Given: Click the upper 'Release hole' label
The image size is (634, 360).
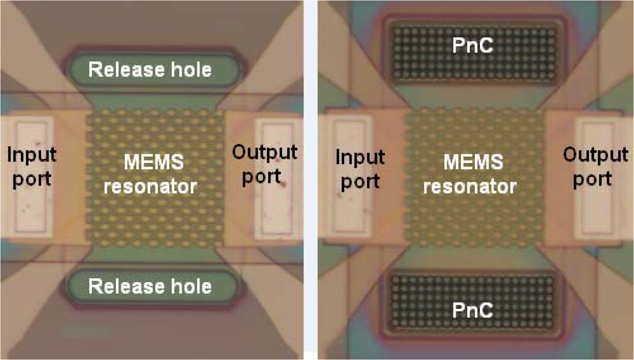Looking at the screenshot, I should point(150,70).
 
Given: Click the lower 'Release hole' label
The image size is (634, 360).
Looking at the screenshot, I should point(150,286).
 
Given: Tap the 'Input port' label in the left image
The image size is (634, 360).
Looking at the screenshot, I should point(31,166).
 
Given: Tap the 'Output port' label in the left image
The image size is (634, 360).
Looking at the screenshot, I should point(264,164).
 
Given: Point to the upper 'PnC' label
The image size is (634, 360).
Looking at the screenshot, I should point(472,45).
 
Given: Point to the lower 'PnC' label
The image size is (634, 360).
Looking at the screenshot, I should point(472,310).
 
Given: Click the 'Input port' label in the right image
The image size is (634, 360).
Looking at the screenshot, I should point(360,169).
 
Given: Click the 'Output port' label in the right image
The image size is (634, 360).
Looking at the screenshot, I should point(595,167).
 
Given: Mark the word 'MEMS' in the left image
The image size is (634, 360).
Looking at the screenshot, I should point(154,162).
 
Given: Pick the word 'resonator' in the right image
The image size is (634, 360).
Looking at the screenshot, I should point(470,186).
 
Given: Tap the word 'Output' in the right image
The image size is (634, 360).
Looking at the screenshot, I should point(595,154).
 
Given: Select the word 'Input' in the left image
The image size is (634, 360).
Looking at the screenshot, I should point(31,154).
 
